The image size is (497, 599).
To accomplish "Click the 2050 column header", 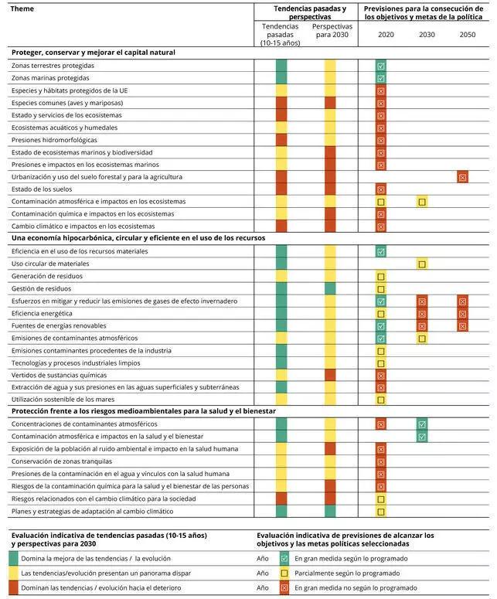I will click(x=468, y=35).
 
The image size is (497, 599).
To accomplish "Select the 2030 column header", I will click(x=427, y=35).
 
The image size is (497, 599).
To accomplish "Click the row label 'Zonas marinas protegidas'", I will click(x=50, y=78).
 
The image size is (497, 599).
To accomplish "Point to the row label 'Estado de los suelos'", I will click(x=43, y=189).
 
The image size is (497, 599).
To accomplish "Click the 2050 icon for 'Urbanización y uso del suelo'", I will click(x=462, y=177).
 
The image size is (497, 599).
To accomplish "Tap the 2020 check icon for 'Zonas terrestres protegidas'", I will click(x=381, y=66).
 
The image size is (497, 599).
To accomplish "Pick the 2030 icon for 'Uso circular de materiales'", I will click(x=422, y=264).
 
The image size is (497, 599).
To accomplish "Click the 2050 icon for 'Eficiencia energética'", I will click(x=462, y=313).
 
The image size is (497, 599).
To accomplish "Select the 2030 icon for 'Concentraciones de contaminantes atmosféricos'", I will click(x=422, y=424).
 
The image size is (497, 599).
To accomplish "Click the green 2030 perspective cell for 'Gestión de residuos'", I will click(x=330, y=288).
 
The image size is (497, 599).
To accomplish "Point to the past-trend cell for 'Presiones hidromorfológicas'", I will click(x=281, y=140).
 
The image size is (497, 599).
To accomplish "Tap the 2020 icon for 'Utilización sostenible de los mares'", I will click(x=381, y=400).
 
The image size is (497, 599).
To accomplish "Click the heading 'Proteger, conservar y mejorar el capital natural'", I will click(x=93, y=53).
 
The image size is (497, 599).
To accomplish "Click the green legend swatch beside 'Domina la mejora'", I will click(x=14, y=558).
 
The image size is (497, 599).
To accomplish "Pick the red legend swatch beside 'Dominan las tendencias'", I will click(x=14, y=588).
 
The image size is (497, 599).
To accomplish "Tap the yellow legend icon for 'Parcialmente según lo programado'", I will click(x=284, y=573).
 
